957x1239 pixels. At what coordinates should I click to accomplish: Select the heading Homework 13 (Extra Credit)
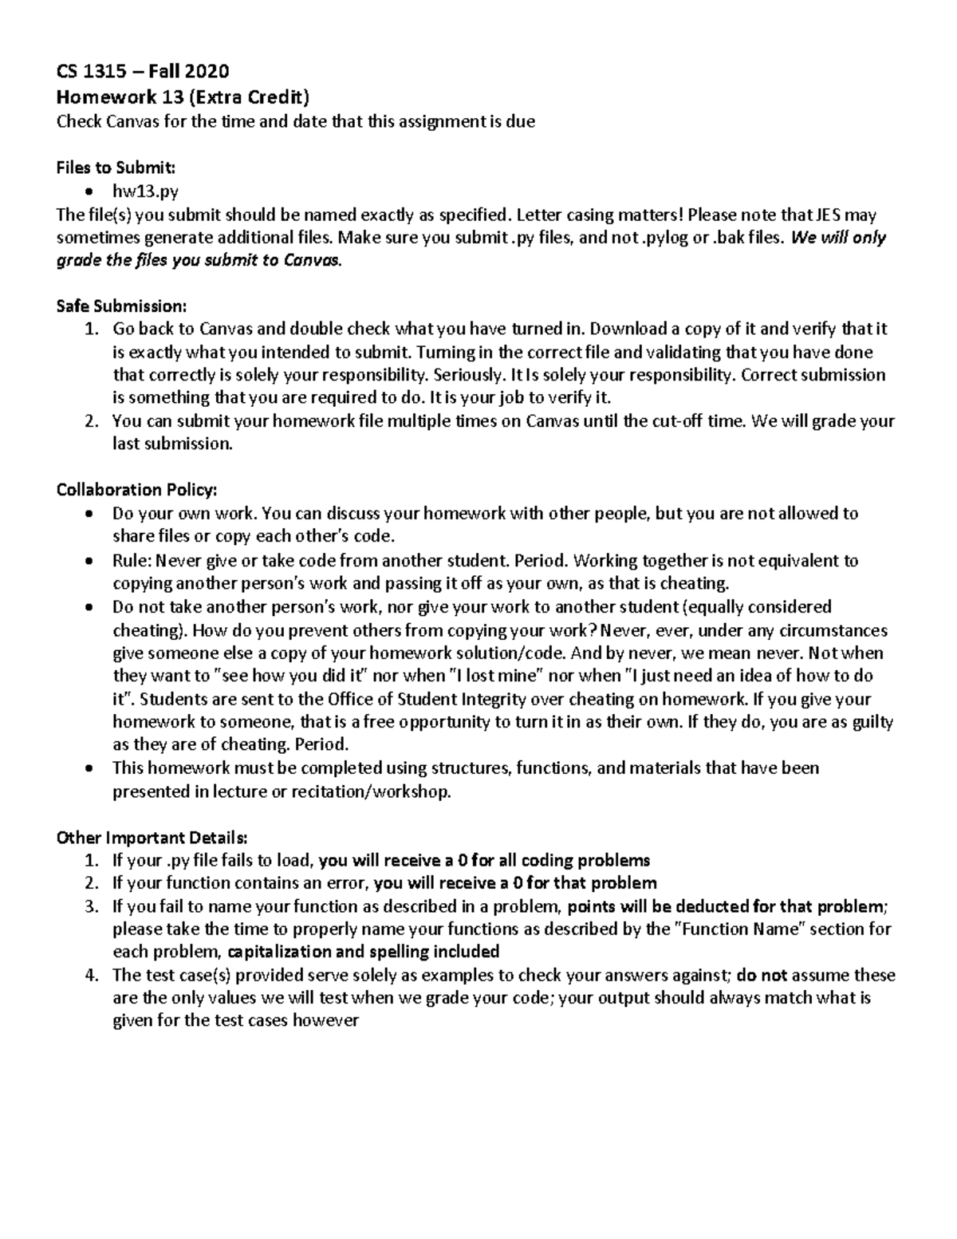(x=182, y=97)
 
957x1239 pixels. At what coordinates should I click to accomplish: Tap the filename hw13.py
(x=145, y=191)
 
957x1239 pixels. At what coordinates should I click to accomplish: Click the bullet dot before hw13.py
(x=93, y=191)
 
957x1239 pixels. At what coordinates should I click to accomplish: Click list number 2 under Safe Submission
(x=93, y=421)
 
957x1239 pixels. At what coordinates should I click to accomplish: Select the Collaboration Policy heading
(x=136, y=490)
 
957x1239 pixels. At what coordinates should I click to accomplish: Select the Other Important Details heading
(x=152, y=838)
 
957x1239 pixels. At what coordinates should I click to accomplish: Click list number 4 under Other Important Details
(x=93, y=975)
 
